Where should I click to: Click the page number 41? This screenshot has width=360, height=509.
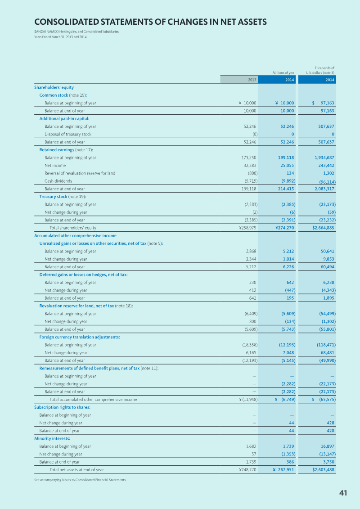343,493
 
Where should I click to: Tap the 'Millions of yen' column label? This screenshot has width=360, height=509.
283,72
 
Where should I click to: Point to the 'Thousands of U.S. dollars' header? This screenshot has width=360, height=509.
320,70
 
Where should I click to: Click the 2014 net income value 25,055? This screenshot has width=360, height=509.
286,166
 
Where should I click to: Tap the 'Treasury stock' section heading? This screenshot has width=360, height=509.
53,197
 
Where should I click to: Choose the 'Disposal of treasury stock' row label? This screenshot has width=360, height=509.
67,134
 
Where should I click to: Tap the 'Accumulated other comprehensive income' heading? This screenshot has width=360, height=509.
75,235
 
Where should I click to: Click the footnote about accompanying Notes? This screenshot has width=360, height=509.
80,480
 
